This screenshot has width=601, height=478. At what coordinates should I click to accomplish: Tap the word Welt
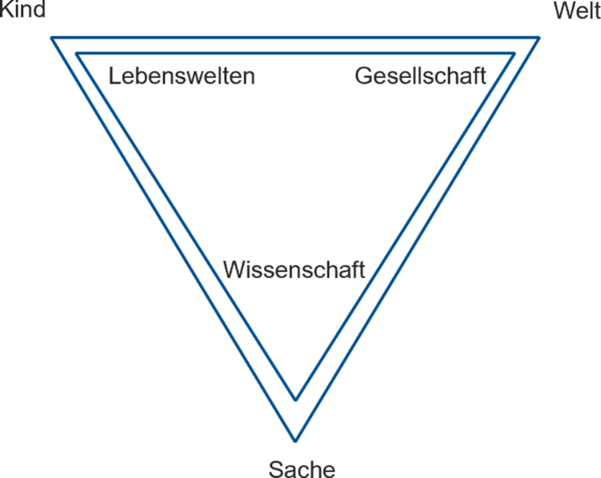(x=576, y=11)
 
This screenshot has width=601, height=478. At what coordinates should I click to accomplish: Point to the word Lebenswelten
(x=182, y=76)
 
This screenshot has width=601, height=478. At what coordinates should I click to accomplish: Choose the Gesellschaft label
(x=420, y=76)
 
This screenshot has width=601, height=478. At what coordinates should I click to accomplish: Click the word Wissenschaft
(x=293, y=269)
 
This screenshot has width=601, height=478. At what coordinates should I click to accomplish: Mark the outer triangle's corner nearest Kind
(x=52, y=38)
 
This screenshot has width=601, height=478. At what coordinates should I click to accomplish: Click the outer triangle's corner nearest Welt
(x=538, y=38)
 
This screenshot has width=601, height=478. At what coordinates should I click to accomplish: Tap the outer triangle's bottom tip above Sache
(x=296, y=439)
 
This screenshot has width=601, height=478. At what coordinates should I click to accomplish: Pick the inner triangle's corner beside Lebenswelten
(x=77, y=54)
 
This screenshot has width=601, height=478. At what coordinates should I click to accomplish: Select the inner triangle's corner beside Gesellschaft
(x=512, y=54)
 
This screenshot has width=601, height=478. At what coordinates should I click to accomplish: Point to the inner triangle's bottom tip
(x=296, y=400)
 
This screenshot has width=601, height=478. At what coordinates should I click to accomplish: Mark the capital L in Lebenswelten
(x=115, y=76)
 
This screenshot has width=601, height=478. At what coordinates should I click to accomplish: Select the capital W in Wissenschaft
(x=234, y=269)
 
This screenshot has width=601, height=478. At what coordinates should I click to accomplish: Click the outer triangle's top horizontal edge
(x=295, y=38)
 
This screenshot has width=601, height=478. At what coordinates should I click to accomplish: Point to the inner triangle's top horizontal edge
(x=295, y=54)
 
